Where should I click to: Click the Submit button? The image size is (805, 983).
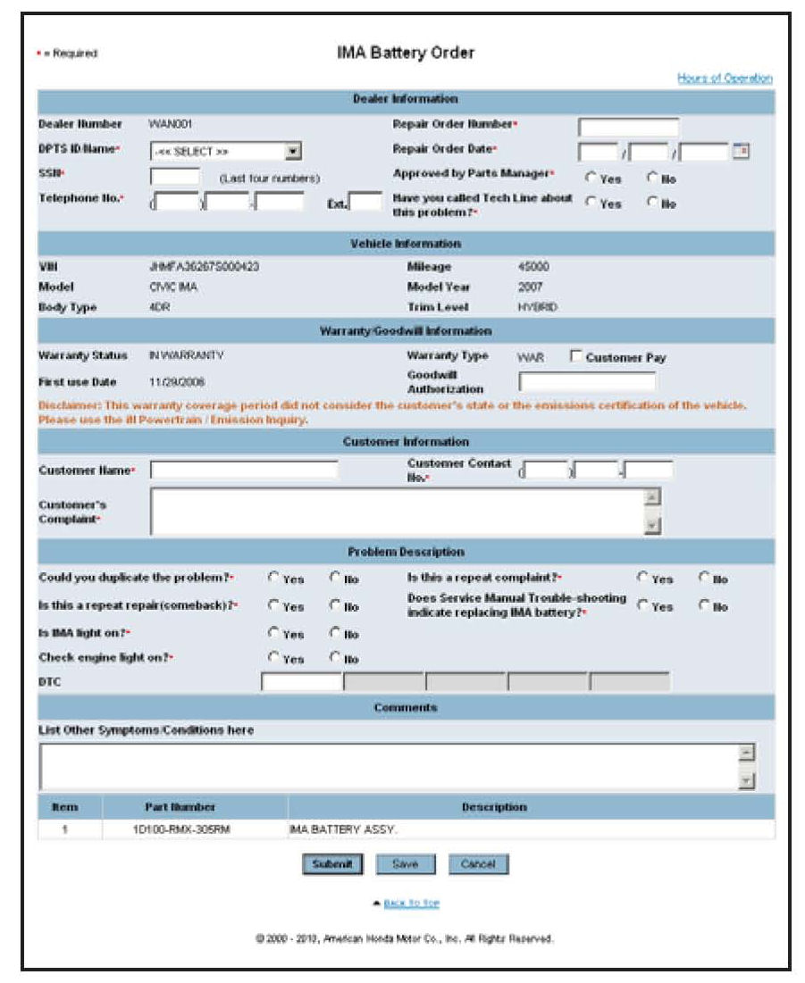[x=333, y=864]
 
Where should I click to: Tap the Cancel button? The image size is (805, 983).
[x=477, y=864]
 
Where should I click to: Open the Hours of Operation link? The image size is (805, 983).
[x=725, y=79]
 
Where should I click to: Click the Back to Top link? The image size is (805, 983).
[x=411, y=904]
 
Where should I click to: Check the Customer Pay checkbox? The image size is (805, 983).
[x=576, y=357]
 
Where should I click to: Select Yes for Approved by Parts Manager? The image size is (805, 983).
[x=591, y=177]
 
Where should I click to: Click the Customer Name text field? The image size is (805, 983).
[x=244, y=470]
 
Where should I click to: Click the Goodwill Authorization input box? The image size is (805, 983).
[x=587, y=382]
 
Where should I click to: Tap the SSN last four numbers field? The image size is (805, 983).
[x=175, y=176]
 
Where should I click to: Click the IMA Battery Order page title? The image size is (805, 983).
[x=406, y=53]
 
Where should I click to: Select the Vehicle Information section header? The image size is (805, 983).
[x=406, y=243]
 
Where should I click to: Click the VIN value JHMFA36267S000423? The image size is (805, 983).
[x=205, y=267]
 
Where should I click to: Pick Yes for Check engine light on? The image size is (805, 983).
[x=274, y=658]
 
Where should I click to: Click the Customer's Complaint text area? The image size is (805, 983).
[x=398, y=512]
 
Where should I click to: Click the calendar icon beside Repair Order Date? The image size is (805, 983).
[x=740, y=151]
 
